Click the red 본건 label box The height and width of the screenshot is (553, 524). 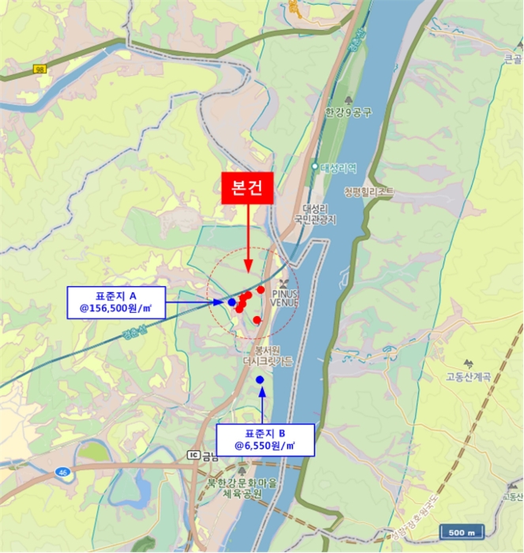pyautogui.click(x=248, y=188)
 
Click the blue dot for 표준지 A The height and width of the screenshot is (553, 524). pyautogui.click(x=232, y=302)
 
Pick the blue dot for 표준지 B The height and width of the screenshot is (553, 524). pyautogui.click(x=260, y=380)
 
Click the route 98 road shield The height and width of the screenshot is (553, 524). pyautogui.click(x=40, y=70)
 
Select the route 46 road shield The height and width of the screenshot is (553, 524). pyautogui.click(x=62, y=472)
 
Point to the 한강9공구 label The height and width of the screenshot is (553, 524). pyautogui.click(x=348, y=114)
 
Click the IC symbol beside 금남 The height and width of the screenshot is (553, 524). pyautogui.click(x=193, y=455)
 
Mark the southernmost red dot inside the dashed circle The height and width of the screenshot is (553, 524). pyautogui.click(x=257, y=320)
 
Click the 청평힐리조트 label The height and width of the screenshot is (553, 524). pyautogui.click(x=370, y=192)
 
